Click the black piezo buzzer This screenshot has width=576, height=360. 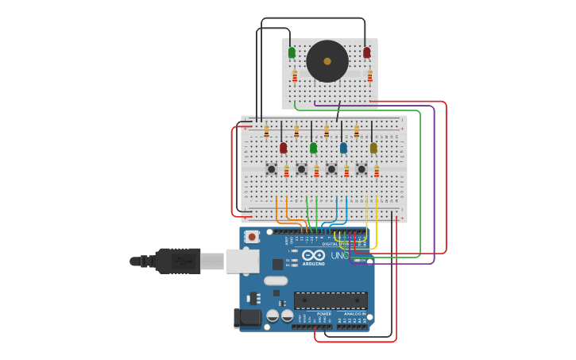coord(327,61)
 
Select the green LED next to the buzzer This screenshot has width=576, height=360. coord(292,52)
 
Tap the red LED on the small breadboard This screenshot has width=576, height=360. coord(366,52)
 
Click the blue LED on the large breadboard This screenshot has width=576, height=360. coord(343,148)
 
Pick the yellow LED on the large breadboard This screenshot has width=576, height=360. coord(373,148)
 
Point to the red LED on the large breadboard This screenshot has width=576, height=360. coord(283,148)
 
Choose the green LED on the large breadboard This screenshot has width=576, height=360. coord(313,148)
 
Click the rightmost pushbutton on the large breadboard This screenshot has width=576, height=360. coord(361,168)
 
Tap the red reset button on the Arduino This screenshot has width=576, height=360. coord(252,236)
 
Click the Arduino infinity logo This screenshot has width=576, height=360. coord(313,256)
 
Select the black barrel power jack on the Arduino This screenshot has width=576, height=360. coord(248,318)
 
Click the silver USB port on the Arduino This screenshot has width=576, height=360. coord(242,261)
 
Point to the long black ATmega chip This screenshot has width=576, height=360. coord(331,300)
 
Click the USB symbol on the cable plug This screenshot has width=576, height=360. coord(182,261)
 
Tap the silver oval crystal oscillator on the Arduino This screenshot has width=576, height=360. coord(276,281)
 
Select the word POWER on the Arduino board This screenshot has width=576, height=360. coord(324,314)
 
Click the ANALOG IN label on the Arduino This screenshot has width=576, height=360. coord(354,314)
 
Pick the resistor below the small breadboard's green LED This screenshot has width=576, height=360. coord(295,75)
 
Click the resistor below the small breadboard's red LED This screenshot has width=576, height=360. coord(369,75)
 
